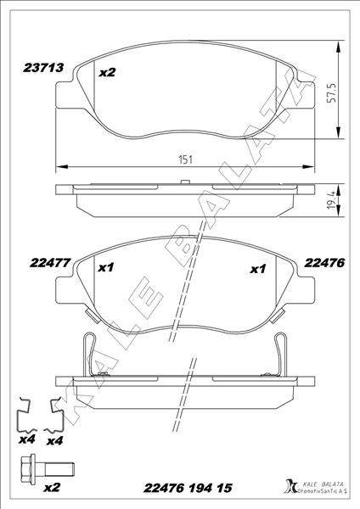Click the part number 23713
(x=43, y=68)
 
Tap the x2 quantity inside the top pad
(x=107, y=72)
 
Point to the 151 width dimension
(x=186, y=159)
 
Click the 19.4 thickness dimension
(x=331, y=199)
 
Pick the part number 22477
(x=50, y=263)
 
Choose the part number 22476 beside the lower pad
(x=324, y=263)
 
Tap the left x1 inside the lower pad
(x=106, y=268)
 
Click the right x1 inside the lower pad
(x=258, y=269)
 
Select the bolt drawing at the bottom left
(x=47, y=468)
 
